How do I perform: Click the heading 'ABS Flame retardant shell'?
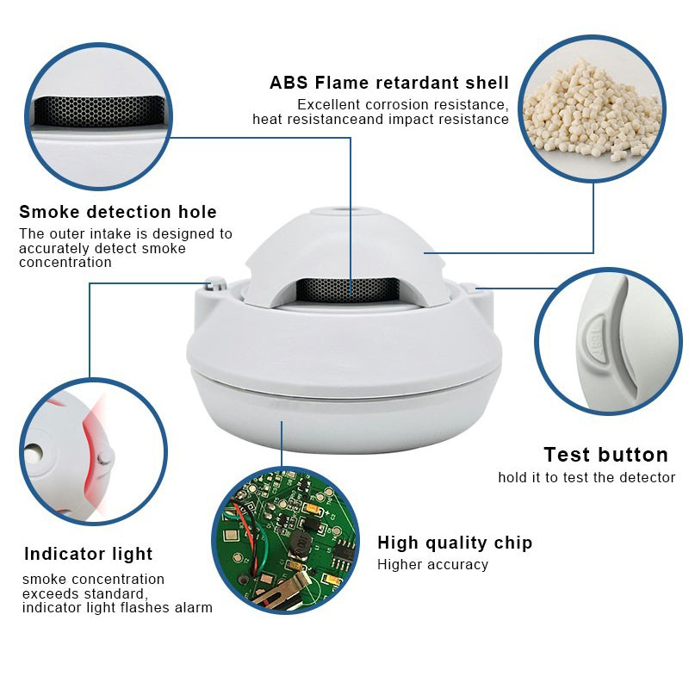[x=389, y=84]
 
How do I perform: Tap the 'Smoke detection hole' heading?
[x=118, y=212]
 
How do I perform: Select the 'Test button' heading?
[x=605, y=455]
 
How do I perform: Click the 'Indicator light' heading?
[x=88, y=554]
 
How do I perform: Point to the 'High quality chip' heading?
[x=455, y=543]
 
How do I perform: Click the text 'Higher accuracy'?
[x=432, y=565]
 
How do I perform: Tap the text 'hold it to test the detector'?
[x=587, y=477]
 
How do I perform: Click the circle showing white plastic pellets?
[x=592, y=108]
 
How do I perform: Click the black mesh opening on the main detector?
[x=347, y=290]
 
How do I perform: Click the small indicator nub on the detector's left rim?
[x=216, y=282]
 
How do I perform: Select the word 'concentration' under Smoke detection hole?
[x=65, y=262]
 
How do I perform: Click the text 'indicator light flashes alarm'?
[x=117, y=608]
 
